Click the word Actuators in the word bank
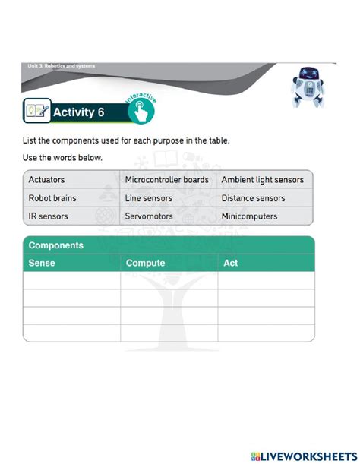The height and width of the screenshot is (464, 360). tap(46, 180)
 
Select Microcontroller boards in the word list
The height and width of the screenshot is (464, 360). tap(166, 180)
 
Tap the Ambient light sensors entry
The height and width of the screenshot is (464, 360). tap(262, 180)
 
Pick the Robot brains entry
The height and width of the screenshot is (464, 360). tap(52, 198)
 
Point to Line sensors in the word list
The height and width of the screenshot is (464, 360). tap(149, 198)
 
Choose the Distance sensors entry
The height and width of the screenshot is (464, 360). tap(253, 198)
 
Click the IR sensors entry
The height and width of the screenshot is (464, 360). tap(48, 216)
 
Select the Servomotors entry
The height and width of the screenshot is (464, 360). tap(149, 216)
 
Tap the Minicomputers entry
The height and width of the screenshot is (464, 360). tap(249, 216)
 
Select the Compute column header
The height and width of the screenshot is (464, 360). tap(144, 263)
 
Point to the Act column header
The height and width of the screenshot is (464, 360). tap(231, 263)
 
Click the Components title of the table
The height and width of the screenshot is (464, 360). tap(55, 246)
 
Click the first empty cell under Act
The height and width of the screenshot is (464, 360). tap(266, 280)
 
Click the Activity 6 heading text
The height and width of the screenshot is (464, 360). tap(78, 114)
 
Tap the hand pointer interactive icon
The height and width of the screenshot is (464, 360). tap(141, 112)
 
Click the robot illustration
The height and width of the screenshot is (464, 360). tap(308, 86)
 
